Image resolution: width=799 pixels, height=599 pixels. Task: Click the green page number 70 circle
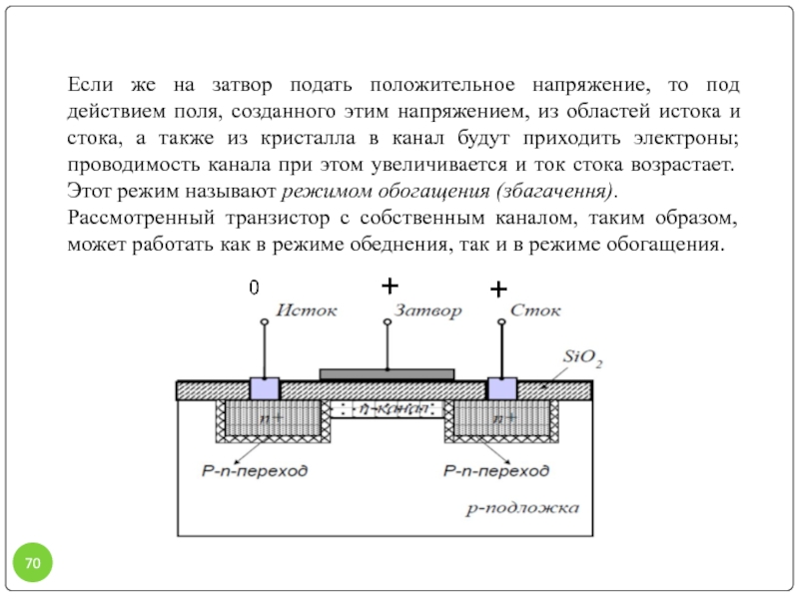coord(33,562)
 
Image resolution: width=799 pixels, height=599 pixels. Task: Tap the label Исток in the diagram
coord(307,310)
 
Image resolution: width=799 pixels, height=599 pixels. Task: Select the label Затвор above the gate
coord(428,310)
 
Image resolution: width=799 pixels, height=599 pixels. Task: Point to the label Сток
coord(535,310)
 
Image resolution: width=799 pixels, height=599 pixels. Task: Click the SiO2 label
coord(582,358)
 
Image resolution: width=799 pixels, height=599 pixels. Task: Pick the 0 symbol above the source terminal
coord(254,288)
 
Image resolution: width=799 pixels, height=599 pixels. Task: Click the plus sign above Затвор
coord(390,286)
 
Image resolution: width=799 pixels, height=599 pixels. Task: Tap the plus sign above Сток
coord(498,290)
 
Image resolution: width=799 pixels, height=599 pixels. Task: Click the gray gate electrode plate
coord(387,375)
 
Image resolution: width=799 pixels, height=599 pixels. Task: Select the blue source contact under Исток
coord(265,388)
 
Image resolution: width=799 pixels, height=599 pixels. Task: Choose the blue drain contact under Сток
coord(502,388)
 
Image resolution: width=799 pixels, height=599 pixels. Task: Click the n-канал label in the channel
coord(394,408)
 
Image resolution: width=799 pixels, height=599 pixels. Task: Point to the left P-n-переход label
coord(255,470)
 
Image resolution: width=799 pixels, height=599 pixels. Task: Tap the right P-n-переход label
coord(496,470)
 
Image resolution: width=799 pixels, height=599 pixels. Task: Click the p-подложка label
coord(522,508)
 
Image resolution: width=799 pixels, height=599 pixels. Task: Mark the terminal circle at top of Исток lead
coord(264,321)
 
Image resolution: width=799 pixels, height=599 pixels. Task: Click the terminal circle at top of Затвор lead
coord(388,321)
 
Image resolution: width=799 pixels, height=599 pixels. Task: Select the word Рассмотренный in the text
coord(141,218)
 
